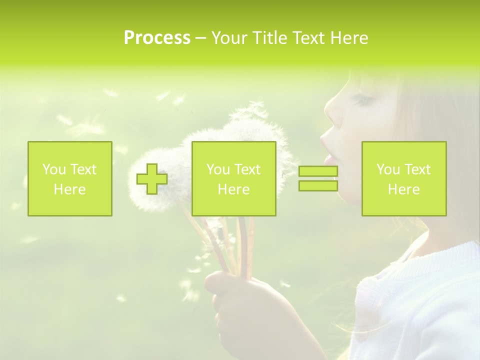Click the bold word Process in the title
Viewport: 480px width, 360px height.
coord(157,38)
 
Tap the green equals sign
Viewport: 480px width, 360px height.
coord(318,178)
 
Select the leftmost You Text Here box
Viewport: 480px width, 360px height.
coord(70,178)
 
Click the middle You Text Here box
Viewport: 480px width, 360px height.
coord(233,178)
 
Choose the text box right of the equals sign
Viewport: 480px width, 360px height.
coord(404,178)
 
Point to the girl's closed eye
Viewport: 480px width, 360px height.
coord(361,100)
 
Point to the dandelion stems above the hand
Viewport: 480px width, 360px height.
coord(235,245)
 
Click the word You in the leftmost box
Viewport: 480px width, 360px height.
coord(53,169)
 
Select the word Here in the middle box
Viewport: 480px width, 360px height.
coord(233,189)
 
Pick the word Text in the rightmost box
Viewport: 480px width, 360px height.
coord(417,169)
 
